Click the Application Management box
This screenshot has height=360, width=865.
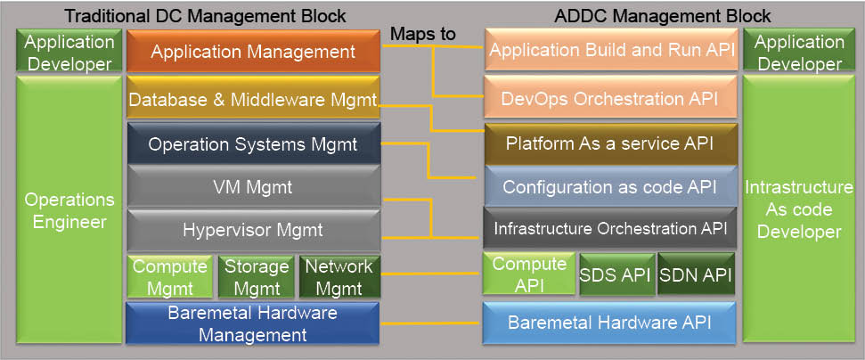[x=253, y=52]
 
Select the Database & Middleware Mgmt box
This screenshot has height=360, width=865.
[x=253, y=100]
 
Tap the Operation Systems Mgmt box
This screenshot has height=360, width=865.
[x=253, y=144]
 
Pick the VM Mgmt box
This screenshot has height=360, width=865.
[x=253, y=187]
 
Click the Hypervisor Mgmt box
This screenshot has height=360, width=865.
[x=253, y=230]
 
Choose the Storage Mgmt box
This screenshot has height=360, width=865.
[x=257, y=277]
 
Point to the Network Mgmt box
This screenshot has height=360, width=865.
[x=339, y=277]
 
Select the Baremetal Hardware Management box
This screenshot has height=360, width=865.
[x=253, y=323]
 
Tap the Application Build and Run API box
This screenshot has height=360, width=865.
[x=611, y=51]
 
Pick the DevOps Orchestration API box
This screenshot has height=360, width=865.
[x=611, y=97]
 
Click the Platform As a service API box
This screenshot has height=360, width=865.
[x=611, y=143]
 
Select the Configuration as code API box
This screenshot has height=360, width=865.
[x=611, y=187]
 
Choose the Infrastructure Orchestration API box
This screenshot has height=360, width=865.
[x=611, y=229]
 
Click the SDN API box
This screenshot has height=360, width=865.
[x=697, y=275]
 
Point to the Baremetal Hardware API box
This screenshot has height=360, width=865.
[x=611, y=323]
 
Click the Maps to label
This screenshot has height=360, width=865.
[x=423, y=34]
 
